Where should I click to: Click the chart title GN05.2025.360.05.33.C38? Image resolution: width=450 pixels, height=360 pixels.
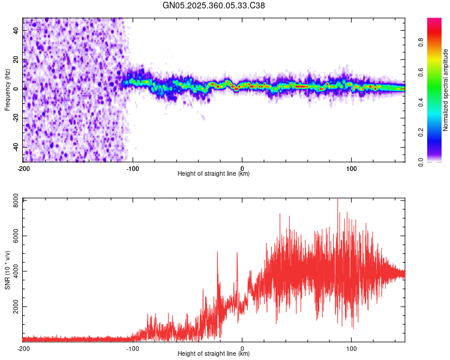pyautogui.click(x=214, y=6)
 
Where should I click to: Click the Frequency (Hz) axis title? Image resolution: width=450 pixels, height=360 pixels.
pyautogui.click(x=7, y=89)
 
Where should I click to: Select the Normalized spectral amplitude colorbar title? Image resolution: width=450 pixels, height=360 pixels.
pyautogui.click(x=445, y=90)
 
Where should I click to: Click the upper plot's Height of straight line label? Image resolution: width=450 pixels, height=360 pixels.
pyautogui.click(x=214, y=174)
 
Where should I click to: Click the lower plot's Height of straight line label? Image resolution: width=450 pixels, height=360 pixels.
pyautogui.click(x=214, y=354)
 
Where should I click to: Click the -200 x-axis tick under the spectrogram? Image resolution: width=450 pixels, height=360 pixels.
pyautogui.click(x=24, y=167)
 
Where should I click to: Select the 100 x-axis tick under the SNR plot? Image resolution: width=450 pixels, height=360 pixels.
pyautogui.click(x=351, y=348)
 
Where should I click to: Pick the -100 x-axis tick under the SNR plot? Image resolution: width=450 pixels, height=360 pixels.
pyautogui.click(x=133, y=348)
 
